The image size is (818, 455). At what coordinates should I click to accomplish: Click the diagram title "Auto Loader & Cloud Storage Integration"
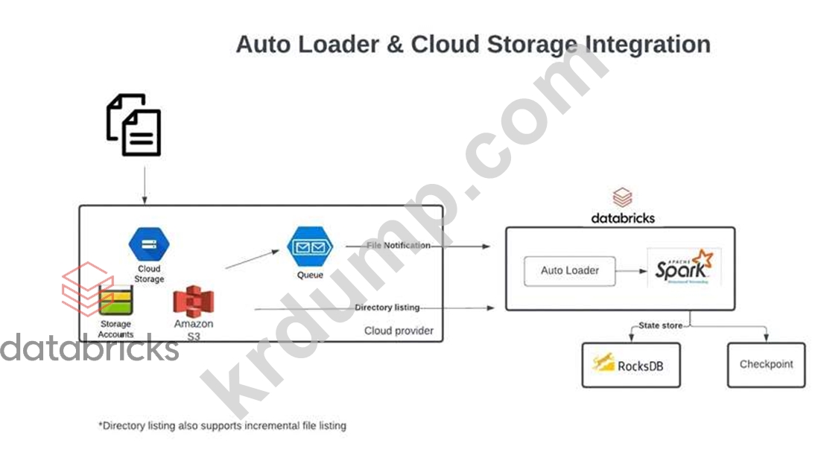click(x=472, y=44)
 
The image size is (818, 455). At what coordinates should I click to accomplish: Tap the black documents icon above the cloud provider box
click(x=134, y=124)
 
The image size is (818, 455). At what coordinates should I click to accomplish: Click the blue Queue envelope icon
click(x=310, y=248)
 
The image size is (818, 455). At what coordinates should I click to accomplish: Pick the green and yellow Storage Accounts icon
click(x=115, y=302)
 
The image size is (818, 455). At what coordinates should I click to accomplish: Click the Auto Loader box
click(x=570, y=271)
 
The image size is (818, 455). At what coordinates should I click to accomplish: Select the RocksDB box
click(x=630, y=365)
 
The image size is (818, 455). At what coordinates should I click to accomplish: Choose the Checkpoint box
click(x=766, y=365)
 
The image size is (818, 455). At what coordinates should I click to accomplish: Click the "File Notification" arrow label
click(x=399, y=245)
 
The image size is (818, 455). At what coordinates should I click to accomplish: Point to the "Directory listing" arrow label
click(x=387, y=308)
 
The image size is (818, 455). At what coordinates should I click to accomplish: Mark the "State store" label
click(x=660, y=325)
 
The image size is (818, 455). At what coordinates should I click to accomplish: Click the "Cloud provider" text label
click(x=399, y=331)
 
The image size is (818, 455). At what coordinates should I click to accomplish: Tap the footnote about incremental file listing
click(x=222, y=426)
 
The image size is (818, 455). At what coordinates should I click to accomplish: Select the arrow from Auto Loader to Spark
click(x=632, y=271)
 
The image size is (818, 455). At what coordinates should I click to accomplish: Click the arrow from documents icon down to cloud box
click(x=144, y=182)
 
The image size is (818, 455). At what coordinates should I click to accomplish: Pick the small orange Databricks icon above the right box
click(x=622, y=199)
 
